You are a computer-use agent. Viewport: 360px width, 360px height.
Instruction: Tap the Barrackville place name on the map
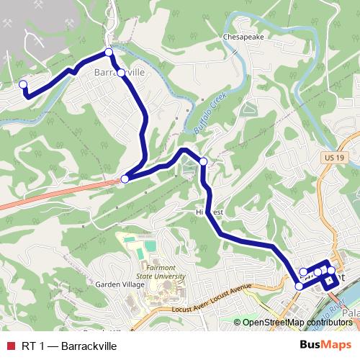(x=120, y=73)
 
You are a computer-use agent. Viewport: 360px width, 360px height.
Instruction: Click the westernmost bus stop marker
(x=23, y=85)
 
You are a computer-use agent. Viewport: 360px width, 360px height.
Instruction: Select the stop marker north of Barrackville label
(x=109, y=52)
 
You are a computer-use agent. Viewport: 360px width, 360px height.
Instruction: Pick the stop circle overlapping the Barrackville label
(x=121, y=73)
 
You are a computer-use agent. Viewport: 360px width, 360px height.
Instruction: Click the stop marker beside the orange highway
(x=125, y=179)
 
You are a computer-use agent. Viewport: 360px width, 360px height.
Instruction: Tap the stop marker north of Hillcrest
(x=204, y=161)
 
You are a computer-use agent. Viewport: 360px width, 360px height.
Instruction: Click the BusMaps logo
(x=325, y=346)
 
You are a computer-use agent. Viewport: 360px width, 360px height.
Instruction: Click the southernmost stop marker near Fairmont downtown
(x=300, y=287)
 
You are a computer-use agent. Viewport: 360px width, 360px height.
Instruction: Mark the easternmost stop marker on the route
(x=331, y=271)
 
